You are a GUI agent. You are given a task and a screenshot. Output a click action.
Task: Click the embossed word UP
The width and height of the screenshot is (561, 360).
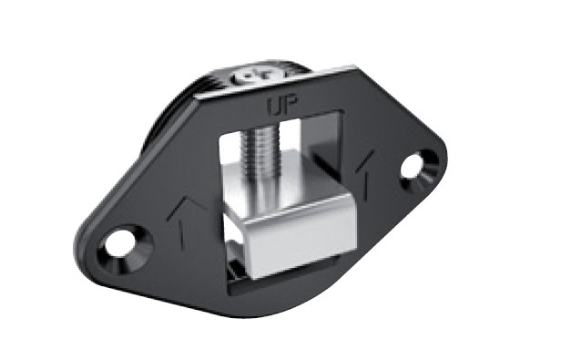[x=282, y=106]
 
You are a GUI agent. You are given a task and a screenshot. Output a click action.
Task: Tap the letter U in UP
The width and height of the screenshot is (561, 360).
[x=275, y=108]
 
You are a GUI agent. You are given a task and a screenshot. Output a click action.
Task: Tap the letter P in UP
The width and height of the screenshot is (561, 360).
[x=291, y=106]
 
